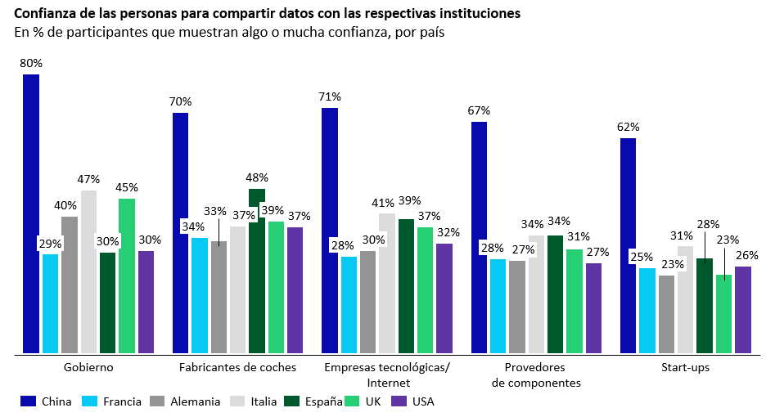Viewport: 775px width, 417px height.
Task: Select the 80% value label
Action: click(31, 63)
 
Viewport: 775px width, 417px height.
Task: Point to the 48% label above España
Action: click(257, 177)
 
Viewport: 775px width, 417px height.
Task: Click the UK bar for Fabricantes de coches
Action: click(276, 287)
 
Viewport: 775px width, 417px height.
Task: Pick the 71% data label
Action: click(330, 96)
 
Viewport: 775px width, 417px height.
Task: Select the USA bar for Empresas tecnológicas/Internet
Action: click(444, 298)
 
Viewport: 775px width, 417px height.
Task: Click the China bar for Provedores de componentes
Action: click(479, 237)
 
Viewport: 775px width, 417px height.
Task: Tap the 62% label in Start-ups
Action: click(629, 127)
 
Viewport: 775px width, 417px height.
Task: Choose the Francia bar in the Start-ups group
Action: click(647, 311)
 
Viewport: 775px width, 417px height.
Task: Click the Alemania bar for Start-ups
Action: click(666, 314)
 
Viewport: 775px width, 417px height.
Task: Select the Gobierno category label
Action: click(88, 367)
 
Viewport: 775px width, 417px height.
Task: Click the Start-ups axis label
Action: click(685, 367)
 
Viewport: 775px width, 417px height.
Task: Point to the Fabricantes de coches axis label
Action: click(237, 367)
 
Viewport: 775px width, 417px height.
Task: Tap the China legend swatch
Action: click(29, 401)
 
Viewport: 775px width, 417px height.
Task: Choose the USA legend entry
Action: click(413, 401)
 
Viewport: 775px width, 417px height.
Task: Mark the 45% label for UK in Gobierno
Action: click(126, 187)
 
